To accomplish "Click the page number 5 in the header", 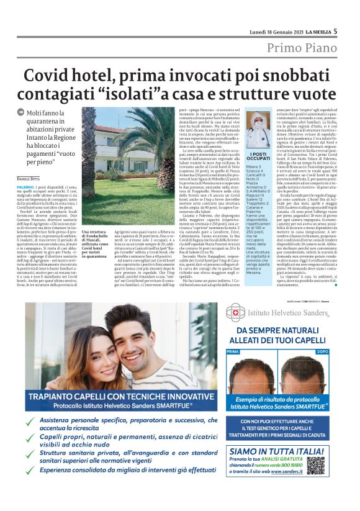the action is click(335, 30).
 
